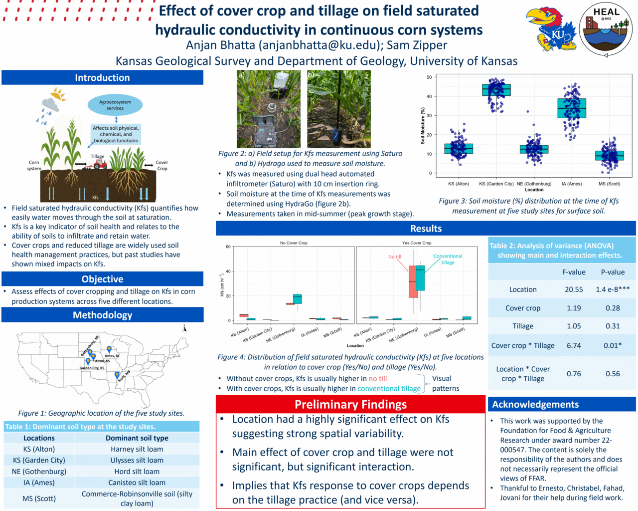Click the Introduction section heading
tap(102, 78)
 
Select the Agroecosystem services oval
tap(115, 105)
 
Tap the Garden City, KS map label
tap(92, 368)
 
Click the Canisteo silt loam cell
tap(137, 483)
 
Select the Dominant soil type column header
tap(137, 438)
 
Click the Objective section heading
tap(102, 279)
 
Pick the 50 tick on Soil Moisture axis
tap(429, 77)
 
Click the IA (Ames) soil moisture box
tap(572, 108)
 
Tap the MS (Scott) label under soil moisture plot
tap(609, 184)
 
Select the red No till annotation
tap(395, 256)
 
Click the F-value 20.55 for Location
tap(574, 289)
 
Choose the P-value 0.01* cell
tap(613, 345)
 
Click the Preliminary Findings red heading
tap(350, 405)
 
